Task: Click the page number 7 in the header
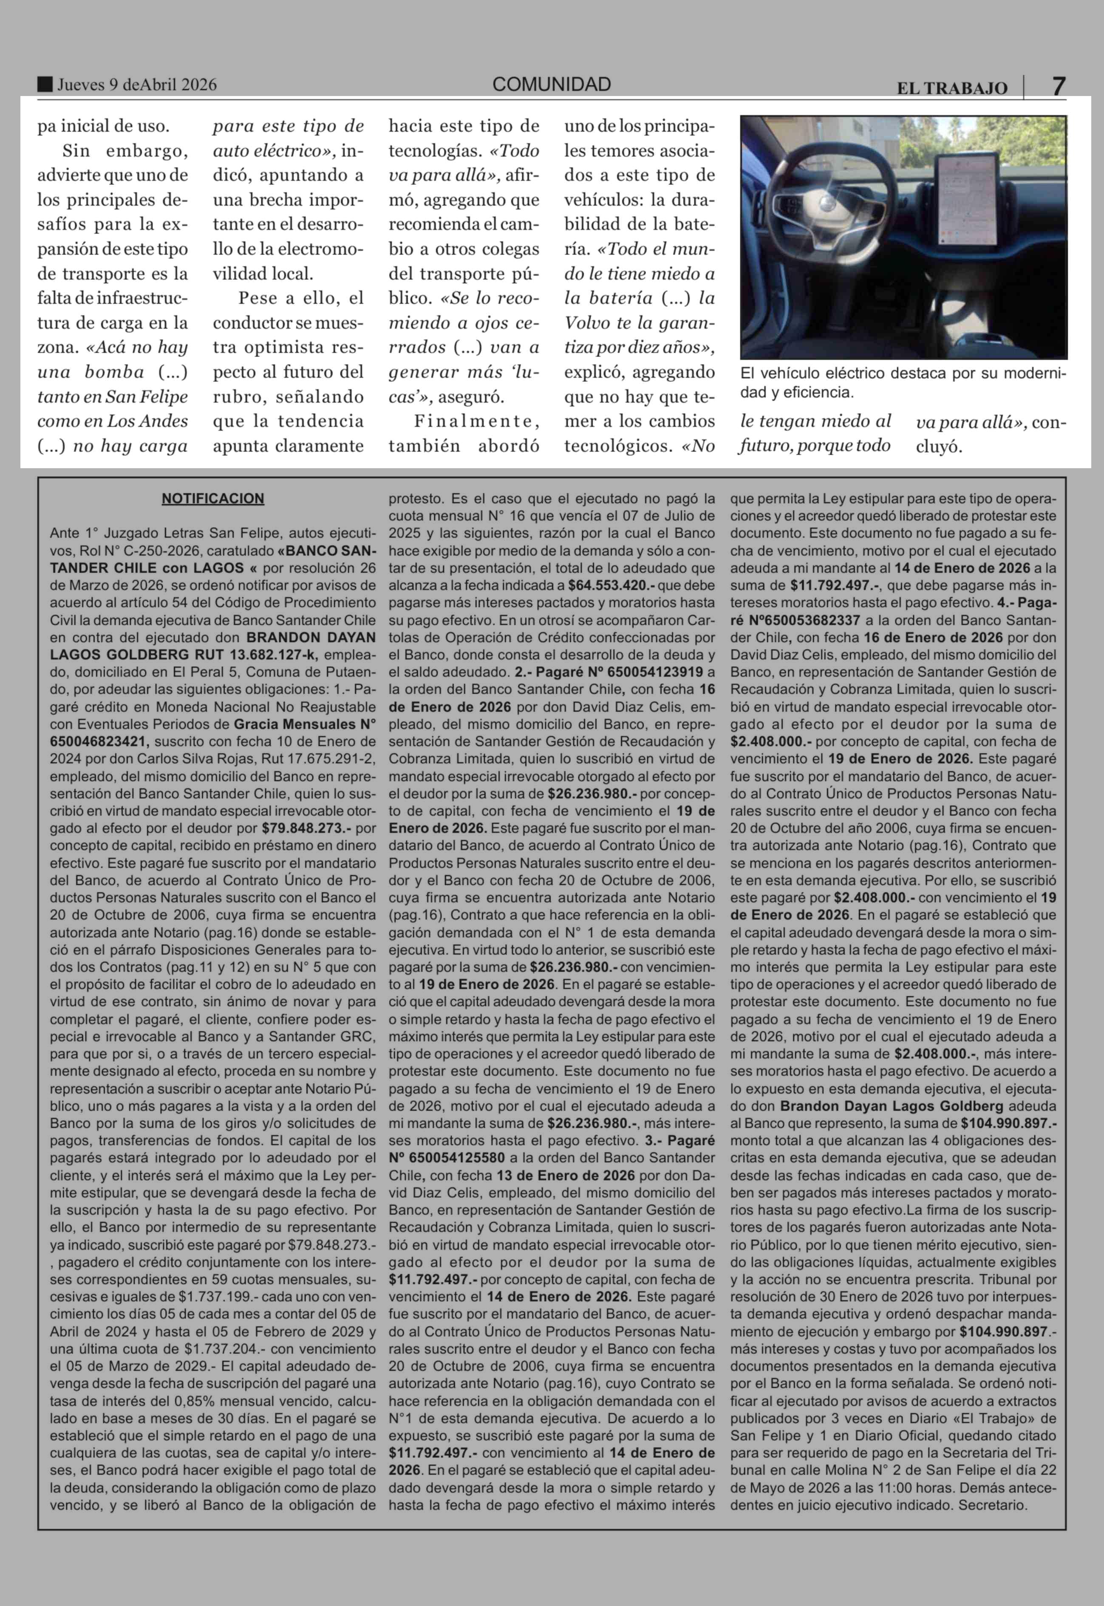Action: click(1059, 86)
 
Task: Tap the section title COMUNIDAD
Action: click(551, 85)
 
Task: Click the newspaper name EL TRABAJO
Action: click(952, 88)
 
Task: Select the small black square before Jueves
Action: click(45, 85)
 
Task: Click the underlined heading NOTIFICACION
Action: click(213, 499)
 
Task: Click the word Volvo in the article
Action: click(586, 323)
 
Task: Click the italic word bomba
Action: click(114, 372)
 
